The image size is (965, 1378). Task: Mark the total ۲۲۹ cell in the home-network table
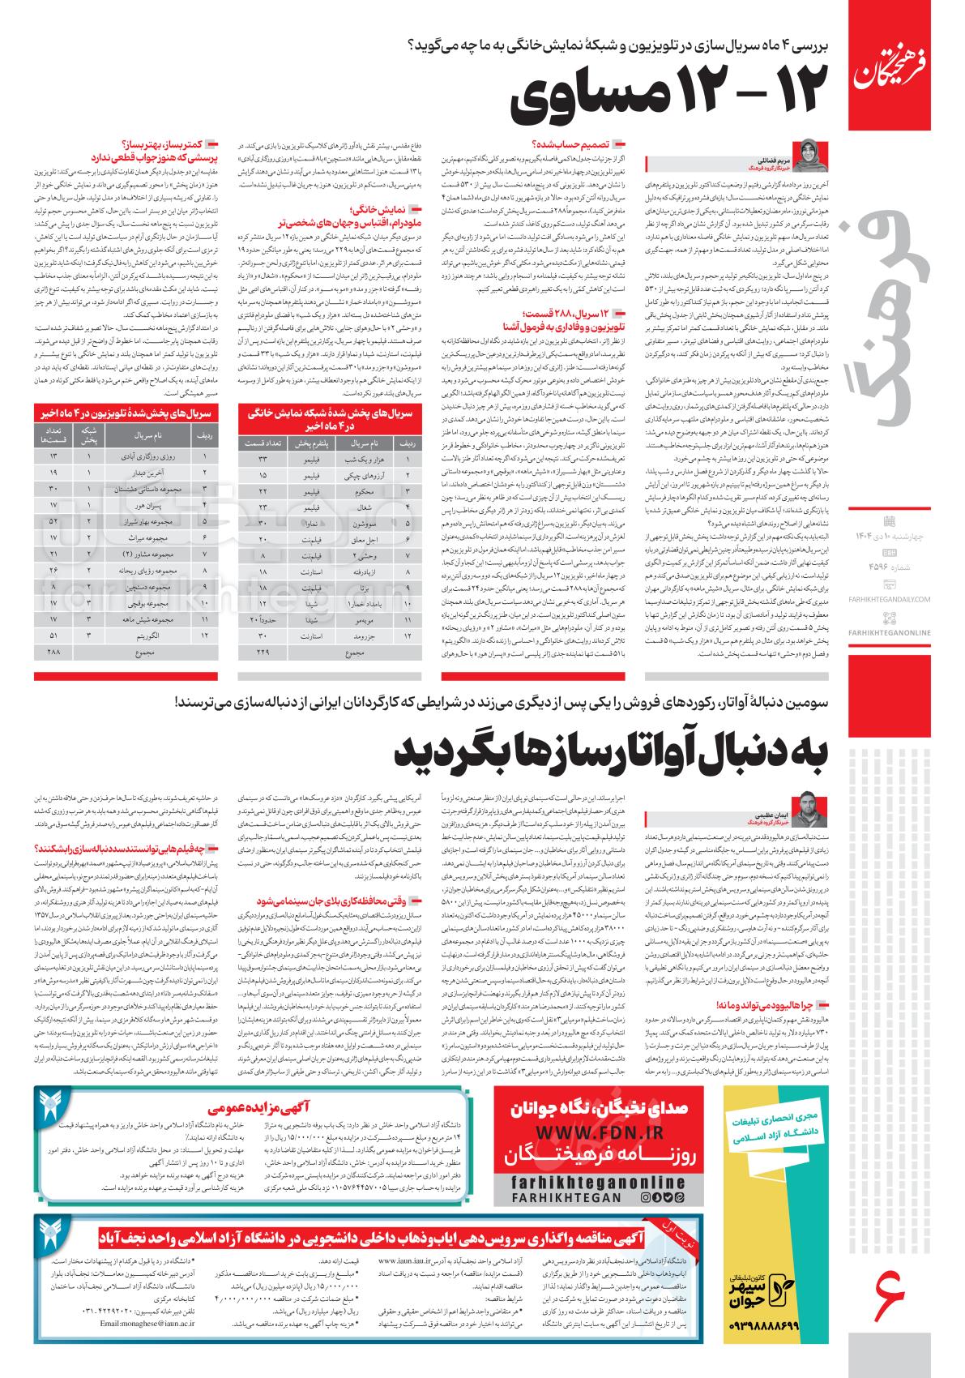tap(263, 653)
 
